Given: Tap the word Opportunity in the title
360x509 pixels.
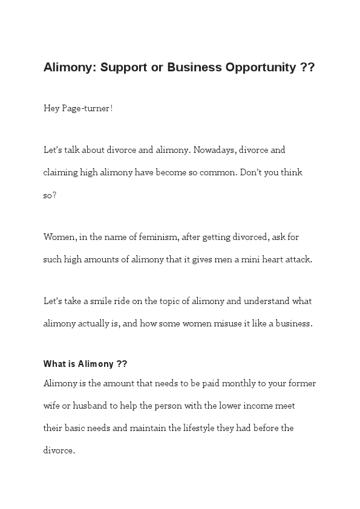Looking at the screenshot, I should pyautogui.click(x=260, y=67).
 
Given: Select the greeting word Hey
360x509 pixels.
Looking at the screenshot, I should pyautogui.click(x=51, y=108).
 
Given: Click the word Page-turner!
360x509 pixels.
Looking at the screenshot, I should pyautogui.click(x=87, y=108).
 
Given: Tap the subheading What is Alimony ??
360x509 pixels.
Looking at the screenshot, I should pyautogui.click(x=85, y=364).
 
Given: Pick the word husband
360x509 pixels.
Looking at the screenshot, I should pyautogui.click(x=92, y=406).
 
